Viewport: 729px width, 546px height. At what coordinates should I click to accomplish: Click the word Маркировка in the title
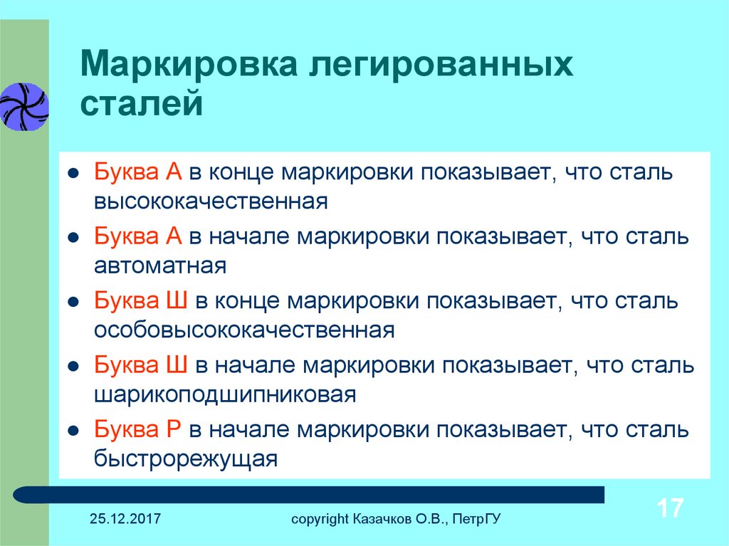click(188, 64)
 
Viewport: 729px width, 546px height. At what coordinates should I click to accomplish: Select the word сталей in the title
click(142, 103)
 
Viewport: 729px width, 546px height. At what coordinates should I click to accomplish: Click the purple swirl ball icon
click(24, 107)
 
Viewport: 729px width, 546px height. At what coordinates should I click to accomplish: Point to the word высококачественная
click(211, 201)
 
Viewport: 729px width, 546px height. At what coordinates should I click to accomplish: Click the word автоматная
click(160, 266)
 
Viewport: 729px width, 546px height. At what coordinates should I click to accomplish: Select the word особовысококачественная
click(245, 330)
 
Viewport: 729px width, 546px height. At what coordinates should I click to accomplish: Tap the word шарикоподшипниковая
click(226, 395)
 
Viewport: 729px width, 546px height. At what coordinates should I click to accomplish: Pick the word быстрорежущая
click(186, 459)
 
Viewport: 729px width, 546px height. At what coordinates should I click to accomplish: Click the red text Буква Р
click(137, 429)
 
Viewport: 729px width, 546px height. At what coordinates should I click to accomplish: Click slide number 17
click(670, 508)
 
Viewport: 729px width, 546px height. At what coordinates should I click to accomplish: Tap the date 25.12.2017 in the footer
click(125, 518)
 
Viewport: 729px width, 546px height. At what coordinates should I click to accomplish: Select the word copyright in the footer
click(320, 519)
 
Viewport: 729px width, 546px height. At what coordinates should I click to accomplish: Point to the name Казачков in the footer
click(382, 518)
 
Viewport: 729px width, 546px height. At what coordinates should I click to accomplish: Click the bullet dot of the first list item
click(73, 174)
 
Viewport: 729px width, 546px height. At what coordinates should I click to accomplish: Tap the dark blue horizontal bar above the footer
click(309, 494)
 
